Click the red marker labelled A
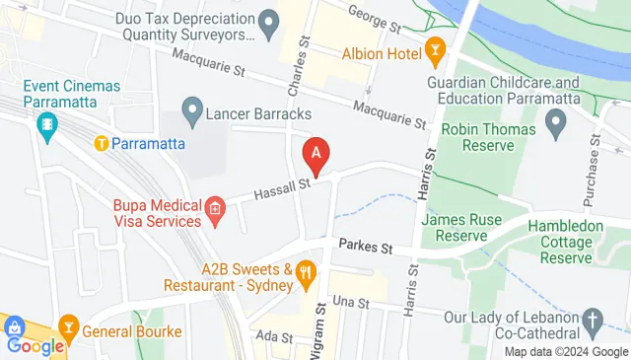pyautogui.click(x=315, y=154)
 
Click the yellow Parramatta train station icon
pyautogui.click(x=101, y=143)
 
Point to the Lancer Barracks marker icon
pyautogui.click(x=192, y=107)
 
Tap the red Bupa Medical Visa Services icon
pyautogui.click(x=215, y=209)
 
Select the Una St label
pyautogui.click(x=350, y=301)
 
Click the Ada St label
pyautogui.click(x=268, y=337)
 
